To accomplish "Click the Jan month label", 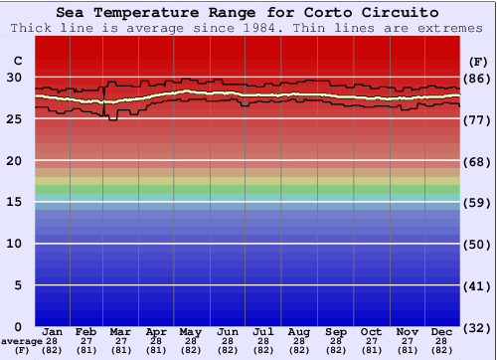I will click(x=53, y=331).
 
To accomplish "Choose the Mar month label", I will click(x=120, y=331).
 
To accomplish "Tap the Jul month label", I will click(x=263, y=331).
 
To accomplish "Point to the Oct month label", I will click(x=371, y=331).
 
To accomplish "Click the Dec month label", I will click(x=442, y=331).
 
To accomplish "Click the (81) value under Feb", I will click(x=86, y=350).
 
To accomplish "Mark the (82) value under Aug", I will click(x=299, y=350).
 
